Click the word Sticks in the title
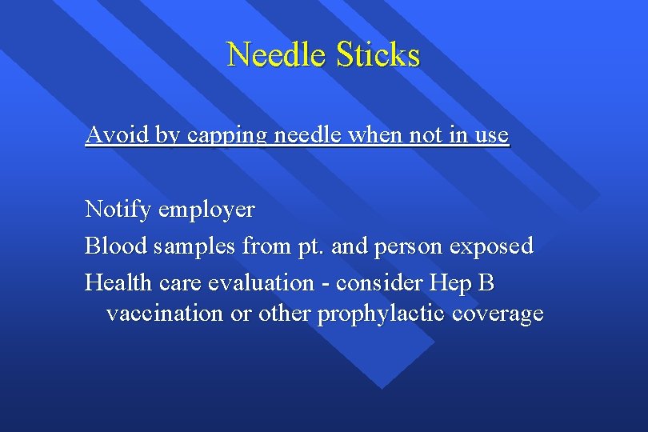[x=378, y=55]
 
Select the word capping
[x=227, y=136]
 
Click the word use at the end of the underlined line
[x=490, y=136]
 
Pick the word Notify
[x=118, y=210]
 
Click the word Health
[x=119, y=282]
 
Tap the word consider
[x=380, y=282]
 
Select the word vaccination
[x=166, y=314]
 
